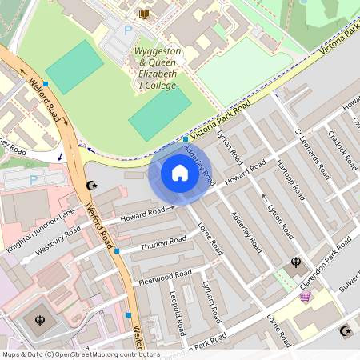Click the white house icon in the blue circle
(x=179, y=173)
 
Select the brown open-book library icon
(x=144, y=14)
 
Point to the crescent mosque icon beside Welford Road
(x=90, y=186)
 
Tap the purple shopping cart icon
(x=305, y=296)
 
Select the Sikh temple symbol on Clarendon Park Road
(x=296, y=262)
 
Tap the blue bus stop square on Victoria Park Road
(x=186, y=139)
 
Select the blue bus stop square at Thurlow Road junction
(x=117, y=251)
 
